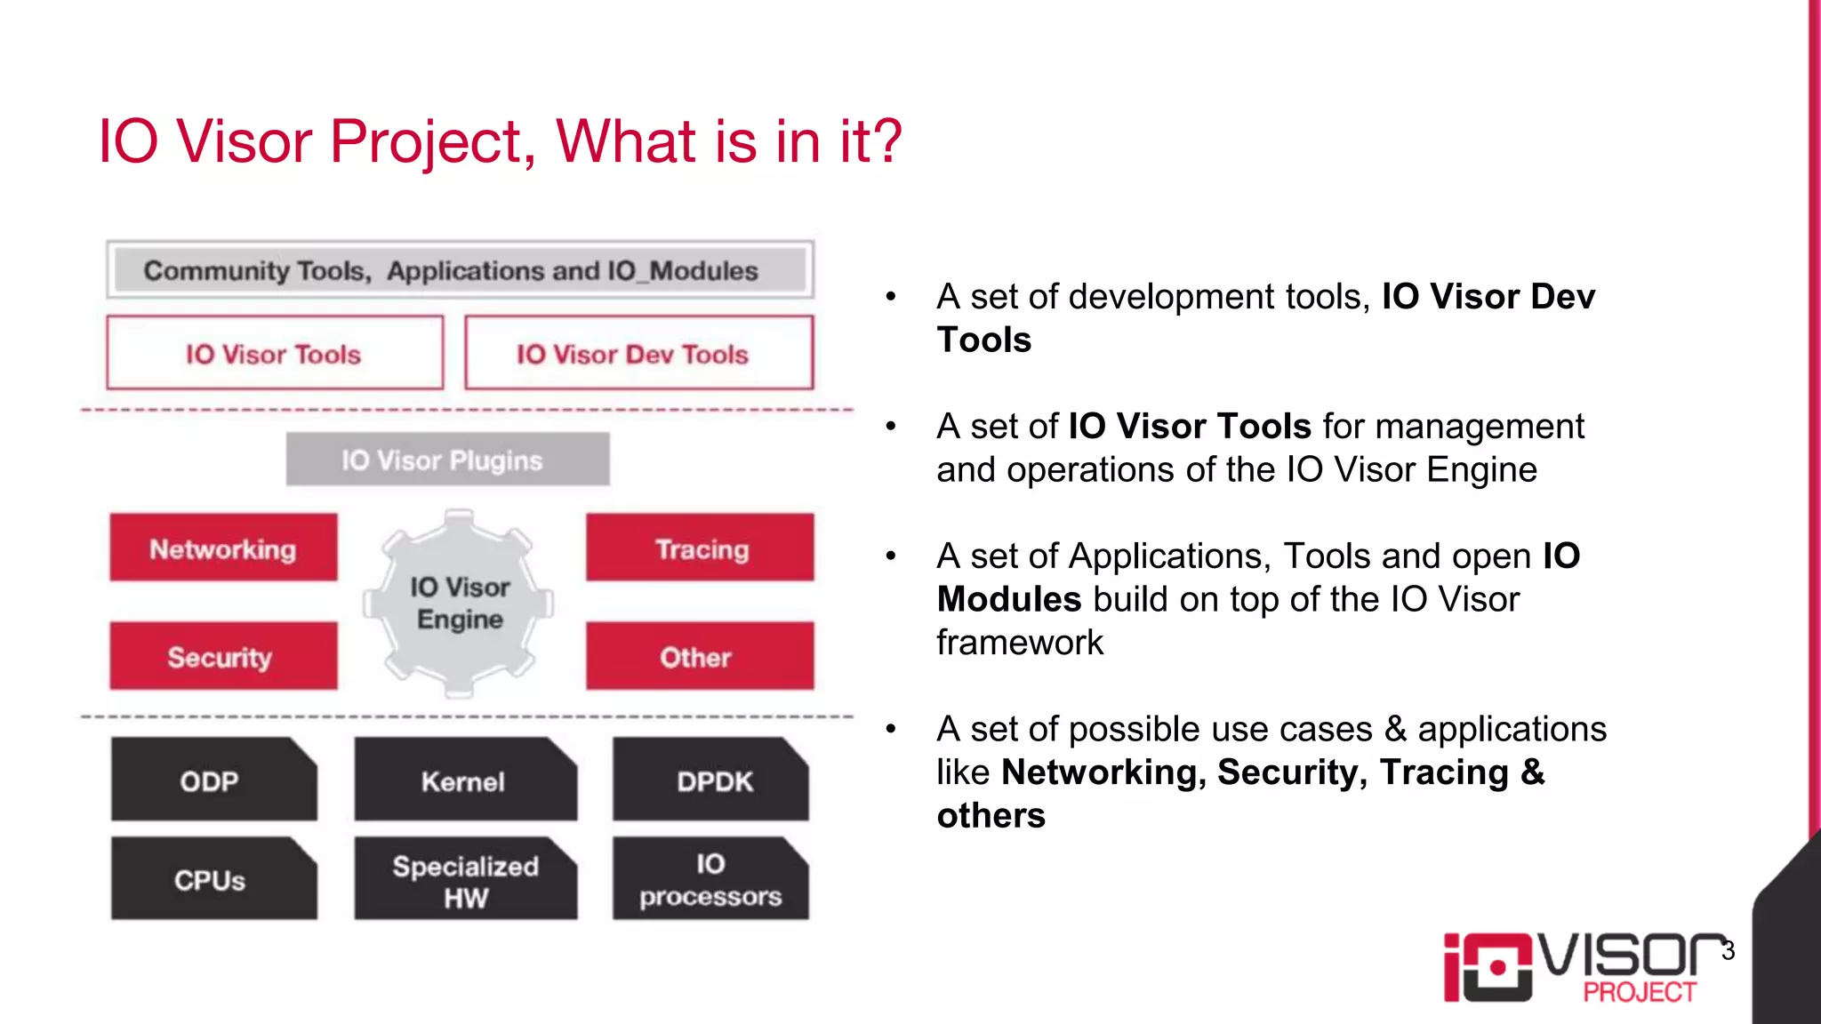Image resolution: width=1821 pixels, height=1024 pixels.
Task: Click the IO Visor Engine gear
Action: (459, 604)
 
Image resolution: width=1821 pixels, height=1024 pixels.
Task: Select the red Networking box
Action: (223, 548)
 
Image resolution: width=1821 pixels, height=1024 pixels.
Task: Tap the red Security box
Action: (223, 656)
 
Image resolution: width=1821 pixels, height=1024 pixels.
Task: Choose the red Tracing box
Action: (700, 548)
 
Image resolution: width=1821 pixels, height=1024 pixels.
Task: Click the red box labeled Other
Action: (700, 656)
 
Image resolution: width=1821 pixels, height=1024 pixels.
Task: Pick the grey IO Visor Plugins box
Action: (447, 460)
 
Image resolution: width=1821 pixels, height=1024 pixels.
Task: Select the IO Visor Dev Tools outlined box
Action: (638, 353)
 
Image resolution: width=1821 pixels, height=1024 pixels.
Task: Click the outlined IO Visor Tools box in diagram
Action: (275, 353)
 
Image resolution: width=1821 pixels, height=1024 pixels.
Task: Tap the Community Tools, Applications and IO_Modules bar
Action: (460, 269)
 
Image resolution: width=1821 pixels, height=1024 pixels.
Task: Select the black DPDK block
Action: (710, 780)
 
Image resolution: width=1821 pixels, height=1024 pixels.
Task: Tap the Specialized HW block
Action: (465, 880)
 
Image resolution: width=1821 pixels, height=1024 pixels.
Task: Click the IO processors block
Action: (710, 879)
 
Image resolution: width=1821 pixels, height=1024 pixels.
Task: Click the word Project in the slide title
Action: (432, 142)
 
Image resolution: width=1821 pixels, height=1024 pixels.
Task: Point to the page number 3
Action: (1728, 950)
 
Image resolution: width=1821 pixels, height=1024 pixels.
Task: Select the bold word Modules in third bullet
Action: (1008, 599)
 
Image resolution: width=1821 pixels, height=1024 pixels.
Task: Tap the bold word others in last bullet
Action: (991, 815)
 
